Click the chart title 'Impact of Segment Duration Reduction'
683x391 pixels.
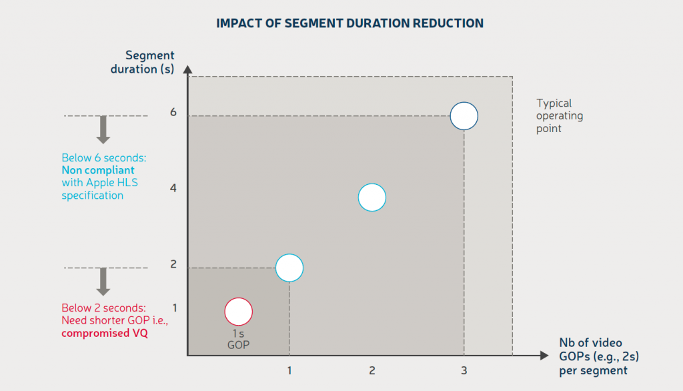pos(350,23)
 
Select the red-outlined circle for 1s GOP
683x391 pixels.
pos(239,311)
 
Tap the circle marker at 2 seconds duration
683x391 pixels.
pos(289,268)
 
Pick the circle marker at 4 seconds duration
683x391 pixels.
pos(372,197)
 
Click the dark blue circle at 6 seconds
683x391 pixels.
pos(464,116)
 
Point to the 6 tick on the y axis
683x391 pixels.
pos(173,112)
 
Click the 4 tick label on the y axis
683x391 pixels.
pos(173,189)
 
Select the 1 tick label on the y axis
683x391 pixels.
pos(175,308)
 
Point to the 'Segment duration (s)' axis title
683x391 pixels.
pos(150,62)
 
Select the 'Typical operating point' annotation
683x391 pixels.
pos(560,116)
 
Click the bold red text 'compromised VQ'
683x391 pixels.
pos(104,333)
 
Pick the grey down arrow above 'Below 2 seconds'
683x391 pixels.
pos(103,282)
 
